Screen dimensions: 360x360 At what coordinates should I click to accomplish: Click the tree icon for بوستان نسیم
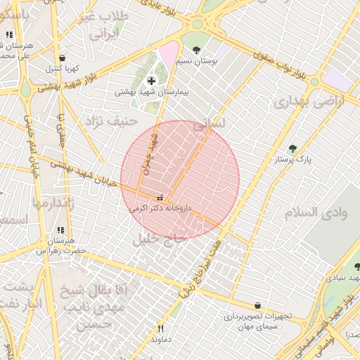(x=195, y=50)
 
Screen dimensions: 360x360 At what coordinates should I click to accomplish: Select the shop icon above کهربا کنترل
(x=63, y=58)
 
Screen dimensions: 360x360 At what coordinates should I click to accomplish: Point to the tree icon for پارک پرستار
(x=292, y=148)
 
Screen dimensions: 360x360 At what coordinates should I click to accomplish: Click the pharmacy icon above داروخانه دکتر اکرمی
(x=160, y=198)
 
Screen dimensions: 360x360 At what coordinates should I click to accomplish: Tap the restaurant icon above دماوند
(x=160, y=328)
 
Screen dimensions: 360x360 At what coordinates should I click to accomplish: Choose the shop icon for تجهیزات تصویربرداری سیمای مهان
(x=258, y=306)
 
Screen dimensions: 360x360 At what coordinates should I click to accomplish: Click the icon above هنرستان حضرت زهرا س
(x=60, y=230)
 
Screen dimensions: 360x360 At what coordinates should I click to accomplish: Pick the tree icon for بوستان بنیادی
(x=357, y=266)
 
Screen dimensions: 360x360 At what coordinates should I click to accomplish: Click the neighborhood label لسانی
(x=210, y=122)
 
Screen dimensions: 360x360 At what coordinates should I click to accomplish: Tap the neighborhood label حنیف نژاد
(x=109, y=122)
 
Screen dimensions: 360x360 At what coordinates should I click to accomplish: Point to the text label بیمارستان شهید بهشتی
(x=150, y=92)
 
